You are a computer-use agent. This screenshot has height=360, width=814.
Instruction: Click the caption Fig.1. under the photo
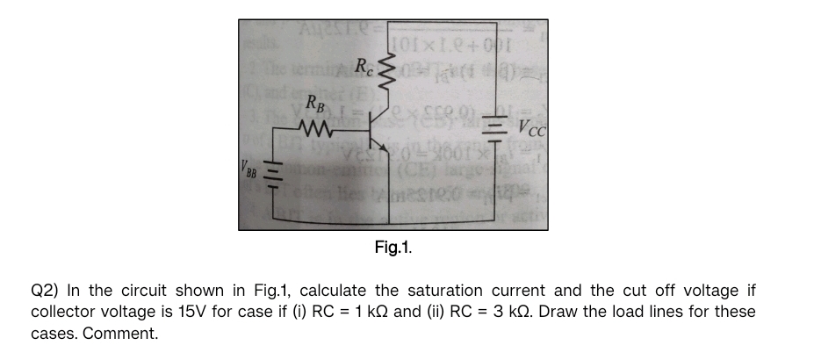tap(393, 247)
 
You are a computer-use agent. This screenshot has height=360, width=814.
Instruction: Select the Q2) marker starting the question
tap(44, 291)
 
